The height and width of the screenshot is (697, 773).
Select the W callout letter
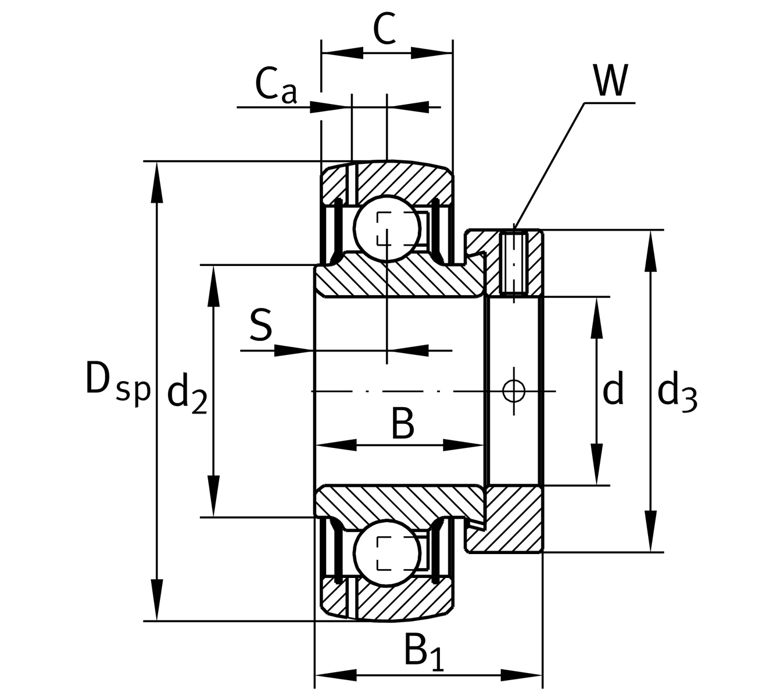click(x=610, y=81)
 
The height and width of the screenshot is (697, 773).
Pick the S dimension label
click(x=260, y=325)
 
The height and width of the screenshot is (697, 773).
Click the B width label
click(x=402, y=424)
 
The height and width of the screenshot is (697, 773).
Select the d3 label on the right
click(x=677, y=394)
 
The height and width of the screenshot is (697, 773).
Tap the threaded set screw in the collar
click(x=514, y=263)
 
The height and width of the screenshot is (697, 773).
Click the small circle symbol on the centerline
click(x=514, y=390)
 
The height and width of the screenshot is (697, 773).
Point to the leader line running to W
click(x=549, y=166)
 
